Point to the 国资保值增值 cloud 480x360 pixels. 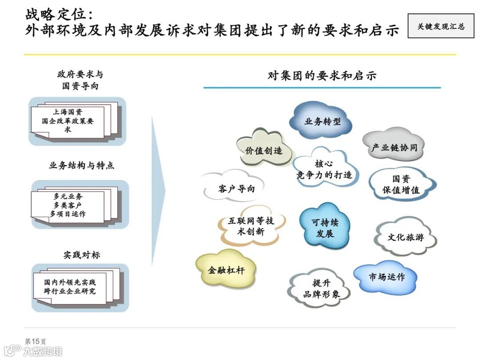[x=401, y=184]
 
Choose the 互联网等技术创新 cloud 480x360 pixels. [x=251, y=226]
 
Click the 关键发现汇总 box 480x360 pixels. [x=440, y=26]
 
